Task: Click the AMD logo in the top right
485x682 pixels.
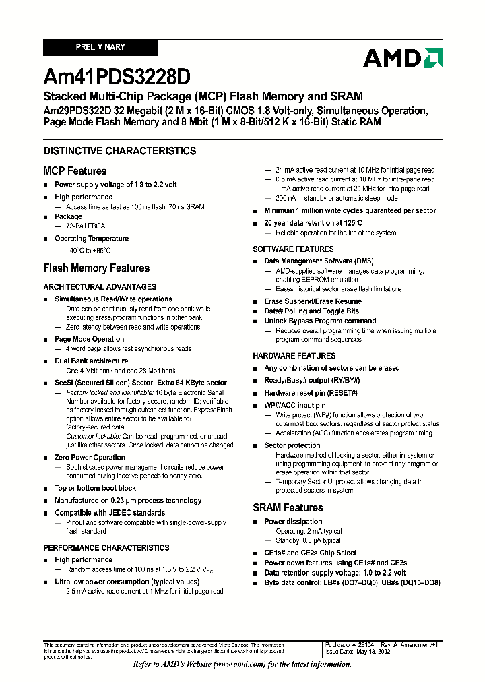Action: pos(402,58)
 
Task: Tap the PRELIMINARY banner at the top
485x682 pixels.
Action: pos(100,47)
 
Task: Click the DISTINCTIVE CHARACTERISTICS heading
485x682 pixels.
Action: pos(120,151)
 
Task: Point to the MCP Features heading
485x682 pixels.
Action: pos(75,171)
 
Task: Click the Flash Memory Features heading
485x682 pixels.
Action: pos(96,268)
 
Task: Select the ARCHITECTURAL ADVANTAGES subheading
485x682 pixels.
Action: pos(100,286)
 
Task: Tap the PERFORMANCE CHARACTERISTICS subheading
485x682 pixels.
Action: pos(106,548)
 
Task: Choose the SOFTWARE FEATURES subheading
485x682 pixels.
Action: pos(293,249)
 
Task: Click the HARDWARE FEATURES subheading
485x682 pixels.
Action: pos(294,356)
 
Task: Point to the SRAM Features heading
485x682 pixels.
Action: pos(288,507)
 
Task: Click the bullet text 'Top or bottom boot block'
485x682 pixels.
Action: pos(95,488)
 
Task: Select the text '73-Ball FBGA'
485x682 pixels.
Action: pos(85,226)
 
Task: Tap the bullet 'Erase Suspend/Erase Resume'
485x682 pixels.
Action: pos(313,301)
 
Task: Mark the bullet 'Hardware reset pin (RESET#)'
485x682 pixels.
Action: pos(311,393)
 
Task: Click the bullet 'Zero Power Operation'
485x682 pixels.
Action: pos(90,457)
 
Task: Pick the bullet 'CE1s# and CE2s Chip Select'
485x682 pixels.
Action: pos(310,553)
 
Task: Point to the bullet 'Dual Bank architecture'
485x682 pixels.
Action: pos(91,361)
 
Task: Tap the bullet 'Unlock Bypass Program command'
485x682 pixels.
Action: pos(320,321)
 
